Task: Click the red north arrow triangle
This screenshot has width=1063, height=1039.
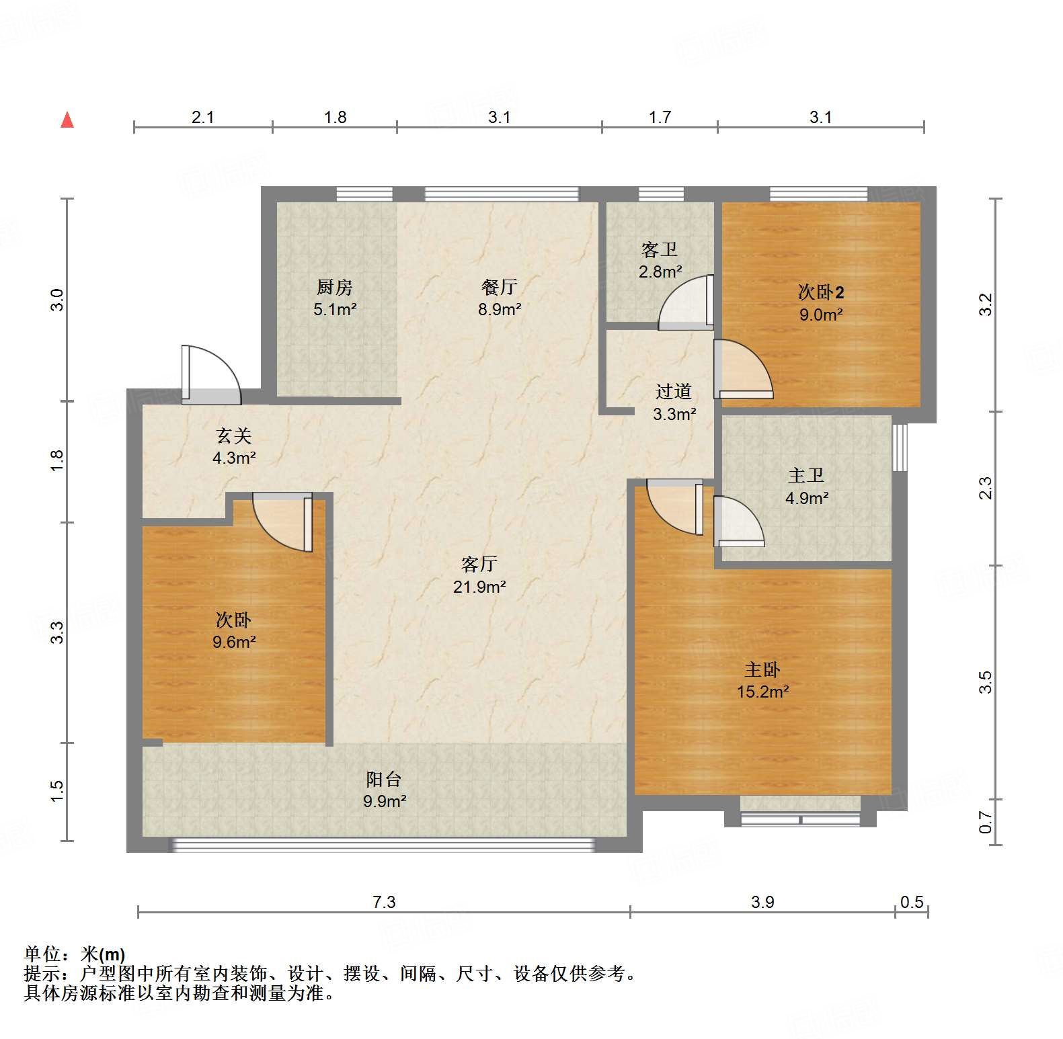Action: point(67,120)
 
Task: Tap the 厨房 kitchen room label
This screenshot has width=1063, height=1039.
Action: point(335,287)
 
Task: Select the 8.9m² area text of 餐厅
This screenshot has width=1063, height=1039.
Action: point(500,309)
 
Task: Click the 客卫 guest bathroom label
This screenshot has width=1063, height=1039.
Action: point(660,249)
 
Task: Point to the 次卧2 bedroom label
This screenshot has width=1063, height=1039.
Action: point(820,292)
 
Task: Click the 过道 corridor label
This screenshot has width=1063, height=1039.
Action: point(674,391)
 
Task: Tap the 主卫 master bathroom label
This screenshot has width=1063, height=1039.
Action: point(806,475)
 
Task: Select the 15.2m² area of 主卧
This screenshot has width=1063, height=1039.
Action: point(762,692)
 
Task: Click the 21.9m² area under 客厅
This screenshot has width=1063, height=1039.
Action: point(479,587)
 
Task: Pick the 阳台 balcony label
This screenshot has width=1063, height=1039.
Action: point(384,779)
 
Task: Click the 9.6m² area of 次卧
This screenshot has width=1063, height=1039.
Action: point(234,642)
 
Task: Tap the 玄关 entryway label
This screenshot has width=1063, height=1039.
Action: point(234,435)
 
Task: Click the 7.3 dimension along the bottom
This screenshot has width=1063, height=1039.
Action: point(384,902)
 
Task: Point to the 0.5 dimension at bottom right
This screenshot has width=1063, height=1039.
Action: point(912,902)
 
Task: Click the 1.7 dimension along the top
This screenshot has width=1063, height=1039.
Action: point(660,117)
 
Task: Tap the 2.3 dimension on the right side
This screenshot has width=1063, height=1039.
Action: point(985,488)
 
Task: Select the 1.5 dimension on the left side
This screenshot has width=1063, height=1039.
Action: point(57,790)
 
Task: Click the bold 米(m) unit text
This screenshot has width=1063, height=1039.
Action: point(103,954)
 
